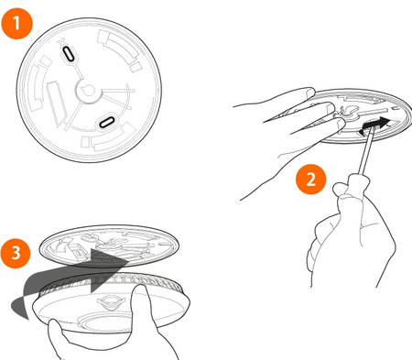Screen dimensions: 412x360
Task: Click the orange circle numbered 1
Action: (16, 24)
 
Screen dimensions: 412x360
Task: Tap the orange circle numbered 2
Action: (311, 180)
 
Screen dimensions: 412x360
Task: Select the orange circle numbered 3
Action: (16, 253)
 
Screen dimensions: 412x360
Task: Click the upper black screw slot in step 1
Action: (69, 54)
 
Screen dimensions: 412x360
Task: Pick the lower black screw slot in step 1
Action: (107, 122)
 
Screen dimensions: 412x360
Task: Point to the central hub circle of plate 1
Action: (88, 91)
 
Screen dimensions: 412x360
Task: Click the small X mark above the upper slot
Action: (61, 43)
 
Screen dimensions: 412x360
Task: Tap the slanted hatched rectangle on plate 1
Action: (57, 103)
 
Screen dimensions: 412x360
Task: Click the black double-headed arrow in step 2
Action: (374, 125)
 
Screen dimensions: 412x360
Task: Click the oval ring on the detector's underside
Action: (105, 321)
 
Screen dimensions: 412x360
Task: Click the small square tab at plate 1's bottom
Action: (85, 141)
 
